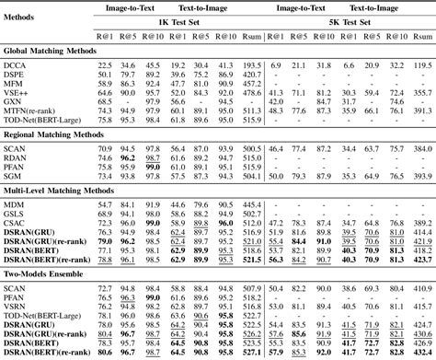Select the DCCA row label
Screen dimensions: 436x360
click(x=15, y=66)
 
